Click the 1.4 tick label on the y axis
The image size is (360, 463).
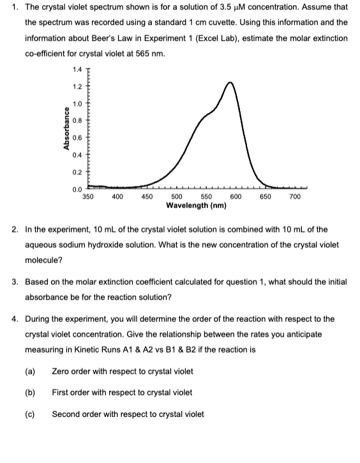coord(77,70)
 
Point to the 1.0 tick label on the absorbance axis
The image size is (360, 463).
coord(77,103)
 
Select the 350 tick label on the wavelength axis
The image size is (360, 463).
coord(89,197)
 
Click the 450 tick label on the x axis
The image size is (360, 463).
coord(146,197)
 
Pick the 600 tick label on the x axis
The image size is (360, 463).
coord(234,197)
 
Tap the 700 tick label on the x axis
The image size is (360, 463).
coord(295,197)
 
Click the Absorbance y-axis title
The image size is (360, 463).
coord(65,131)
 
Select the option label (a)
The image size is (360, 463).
coord(29,372)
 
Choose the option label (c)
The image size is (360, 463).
coord(29,414)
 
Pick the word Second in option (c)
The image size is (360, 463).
coord(65,414)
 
